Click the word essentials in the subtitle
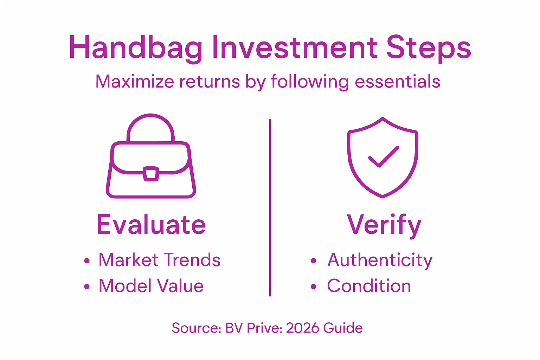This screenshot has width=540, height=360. point(397,82)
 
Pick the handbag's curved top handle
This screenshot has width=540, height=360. point(150,123)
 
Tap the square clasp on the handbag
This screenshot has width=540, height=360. point(151,174)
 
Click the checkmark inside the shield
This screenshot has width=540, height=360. point(383,156)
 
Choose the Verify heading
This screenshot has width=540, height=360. point(384,225)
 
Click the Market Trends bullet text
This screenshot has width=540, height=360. point(159,260)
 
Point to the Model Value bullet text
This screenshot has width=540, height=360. point(151,286)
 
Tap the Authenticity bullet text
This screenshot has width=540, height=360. point(380,260)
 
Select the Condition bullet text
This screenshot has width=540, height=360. point(369,286)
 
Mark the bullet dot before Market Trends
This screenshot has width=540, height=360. point(87,261)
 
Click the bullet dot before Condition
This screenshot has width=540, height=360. point(314,287)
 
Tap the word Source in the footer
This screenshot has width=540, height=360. point(195,328)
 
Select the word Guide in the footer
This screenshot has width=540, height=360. point(343,328)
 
